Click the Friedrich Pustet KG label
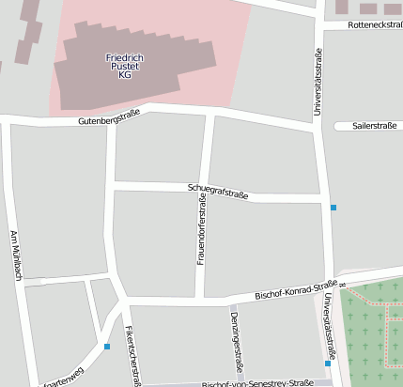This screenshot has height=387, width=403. click(x=124, y=66)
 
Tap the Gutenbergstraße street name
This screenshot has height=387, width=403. click(x=109, y=119)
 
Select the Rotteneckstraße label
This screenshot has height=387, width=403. click(x=375, y=24)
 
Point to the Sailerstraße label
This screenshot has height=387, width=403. click(x=374, y=125)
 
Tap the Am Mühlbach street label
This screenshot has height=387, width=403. click(x=15, y=255)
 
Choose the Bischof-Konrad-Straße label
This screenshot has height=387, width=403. click(x=295, y=290)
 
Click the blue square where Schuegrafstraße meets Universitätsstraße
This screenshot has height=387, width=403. click(x=333, y=207)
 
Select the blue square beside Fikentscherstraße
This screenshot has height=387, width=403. click(x=107, y=347)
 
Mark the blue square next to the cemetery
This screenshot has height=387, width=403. click(x=328, y=363)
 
